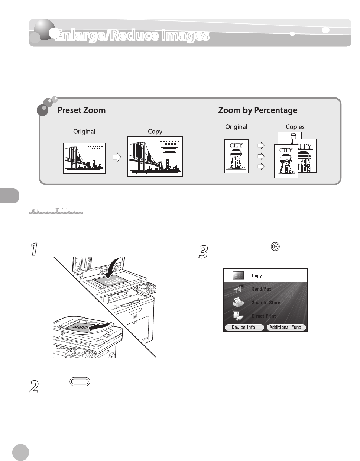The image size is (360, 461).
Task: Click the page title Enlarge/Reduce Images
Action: click(x=132, y=36)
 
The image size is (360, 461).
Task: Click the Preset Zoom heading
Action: click(x=81, y=110)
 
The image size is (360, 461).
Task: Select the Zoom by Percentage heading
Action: click(x=257, y=110)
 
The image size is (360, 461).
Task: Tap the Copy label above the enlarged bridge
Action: click(x=155, y=132)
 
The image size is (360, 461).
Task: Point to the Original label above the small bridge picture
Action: click(x=84, y=132)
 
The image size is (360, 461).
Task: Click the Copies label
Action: click(x=295, y=127)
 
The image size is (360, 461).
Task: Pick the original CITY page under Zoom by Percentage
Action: click(x=236, y=156)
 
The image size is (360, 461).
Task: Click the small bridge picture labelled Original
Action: click(x=84, y=158)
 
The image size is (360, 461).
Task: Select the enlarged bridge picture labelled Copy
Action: click(x=155, y=157)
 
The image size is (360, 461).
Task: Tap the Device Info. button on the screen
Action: click(x=244, y=328)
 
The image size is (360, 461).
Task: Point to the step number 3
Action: click(x=203, y=253)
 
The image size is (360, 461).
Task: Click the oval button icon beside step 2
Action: click(x=80, y=382)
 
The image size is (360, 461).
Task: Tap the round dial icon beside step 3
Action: click(x=275, y=246)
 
